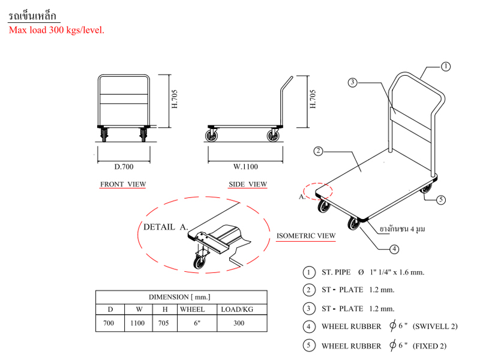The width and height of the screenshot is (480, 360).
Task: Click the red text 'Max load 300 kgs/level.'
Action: [x=56, y=29]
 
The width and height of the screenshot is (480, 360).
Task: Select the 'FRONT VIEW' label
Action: [x=122, y=184]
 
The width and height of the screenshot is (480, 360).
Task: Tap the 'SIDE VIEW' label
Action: [x=248, y=184]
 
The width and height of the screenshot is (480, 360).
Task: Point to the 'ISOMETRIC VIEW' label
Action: [x=306, y=236]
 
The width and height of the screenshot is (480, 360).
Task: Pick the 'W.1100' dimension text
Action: [x=245, y=166]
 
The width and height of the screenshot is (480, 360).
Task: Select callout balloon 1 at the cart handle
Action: [x=446, y=67]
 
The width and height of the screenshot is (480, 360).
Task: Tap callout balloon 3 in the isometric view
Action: [x=353, y=83]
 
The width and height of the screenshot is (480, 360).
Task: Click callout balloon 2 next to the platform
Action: [x=319, y=151]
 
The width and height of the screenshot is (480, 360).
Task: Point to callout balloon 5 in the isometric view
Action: [x=441, y=200]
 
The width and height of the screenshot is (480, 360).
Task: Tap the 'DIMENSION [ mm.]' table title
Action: [x=181, y=297]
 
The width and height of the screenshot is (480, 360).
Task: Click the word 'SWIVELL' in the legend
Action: [x=440, y=326]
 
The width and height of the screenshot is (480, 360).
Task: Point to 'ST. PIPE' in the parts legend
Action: [x=336, y=272]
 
